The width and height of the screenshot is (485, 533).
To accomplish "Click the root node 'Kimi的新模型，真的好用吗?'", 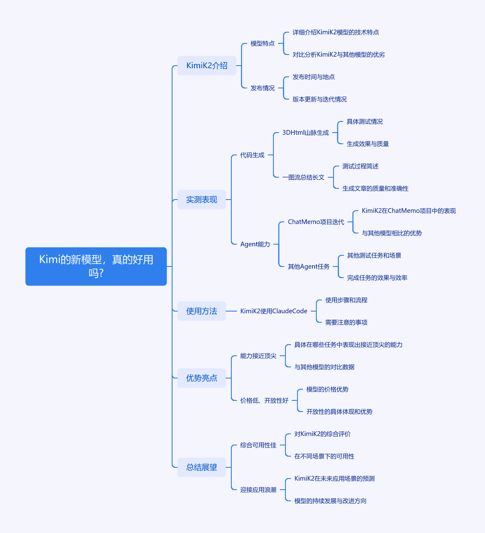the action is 96,266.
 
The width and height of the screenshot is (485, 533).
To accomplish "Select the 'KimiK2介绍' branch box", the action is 207,66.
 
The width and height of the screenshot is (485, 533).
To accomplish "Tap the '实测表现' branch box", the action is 201,200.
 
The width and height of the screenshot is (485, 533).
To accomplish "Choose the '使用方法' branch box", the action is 201,311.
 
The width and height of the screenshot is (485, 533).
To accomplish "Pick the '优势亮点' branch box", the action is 201,378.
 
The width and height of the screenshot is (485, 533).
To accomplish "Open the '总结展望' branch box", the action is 201,467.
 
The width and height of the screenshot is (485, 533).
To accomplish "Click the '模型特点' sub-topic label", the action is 263,43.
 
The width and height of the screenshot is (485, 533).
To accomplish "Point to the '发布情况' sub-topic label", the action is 263,88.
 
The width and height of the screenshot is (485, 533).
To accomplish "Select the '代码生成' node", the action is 252,155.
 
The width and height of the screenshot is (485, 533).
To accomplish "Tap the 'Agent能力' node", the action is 255,244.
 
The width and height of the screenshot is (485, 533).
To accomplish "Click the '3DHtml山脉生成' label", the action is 306,133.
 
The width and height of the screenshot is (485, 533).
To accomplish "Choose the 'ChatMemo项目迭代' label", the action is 316,222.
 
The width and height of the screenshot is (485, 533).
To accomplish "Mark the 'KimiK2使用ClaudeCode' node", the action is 274,311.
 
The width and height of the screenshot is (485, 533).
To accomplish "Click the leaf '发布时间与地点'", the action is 314,77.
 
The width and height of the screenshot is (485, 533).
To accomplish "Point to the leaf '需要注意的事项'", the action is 346,322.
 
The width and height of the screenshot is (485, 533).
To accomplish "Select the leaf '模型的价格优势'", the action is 327,389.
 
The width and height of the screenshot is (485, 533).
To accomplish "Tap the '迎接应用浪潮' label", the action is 258,490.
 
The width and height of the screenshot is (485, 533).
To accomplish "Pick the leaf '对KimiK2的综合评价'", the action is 322,434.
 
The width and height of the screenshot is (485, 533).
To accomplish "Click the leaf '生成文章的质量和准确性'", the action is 375,188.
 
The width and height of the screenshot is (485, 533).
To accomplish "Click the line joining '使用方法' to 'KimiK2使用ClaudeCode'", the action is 231,311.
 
